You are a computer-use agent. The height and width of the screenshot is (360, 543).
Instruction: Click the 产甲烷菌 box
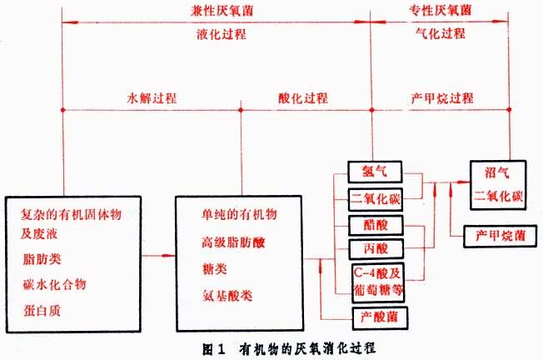coord(496,236)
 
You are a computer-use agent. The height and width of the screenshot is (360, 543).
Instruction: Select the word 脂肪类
coord(42,259)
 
